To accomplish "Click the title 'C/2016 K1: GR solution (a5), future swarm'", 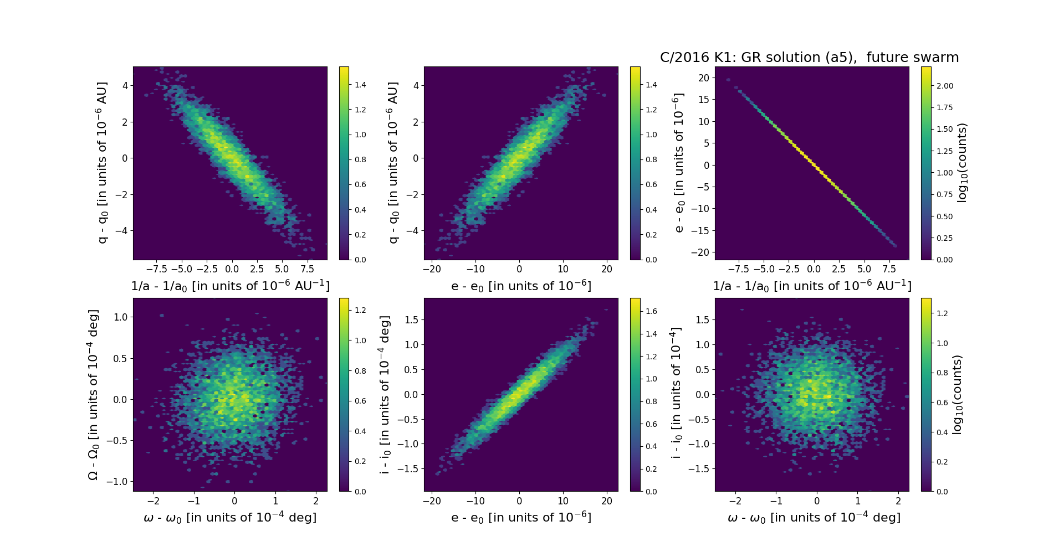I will tap(809, 58).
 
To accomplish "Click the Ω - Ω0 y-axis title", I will tap(93, 395).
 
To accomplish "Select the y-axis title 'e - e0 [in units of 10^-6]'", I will tap(679, 163).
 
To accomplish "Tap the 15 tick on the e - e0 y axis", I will tap(703, 100).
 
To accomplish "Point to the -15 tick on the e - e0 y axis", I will tap(701, 230).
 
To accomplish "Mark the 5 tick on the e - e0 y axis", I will tap(706, 143).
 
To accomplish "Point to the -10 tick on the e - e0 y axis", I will tap(701, 209).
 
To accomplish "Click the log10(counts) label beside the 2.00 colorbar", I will tap(962, 163).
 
